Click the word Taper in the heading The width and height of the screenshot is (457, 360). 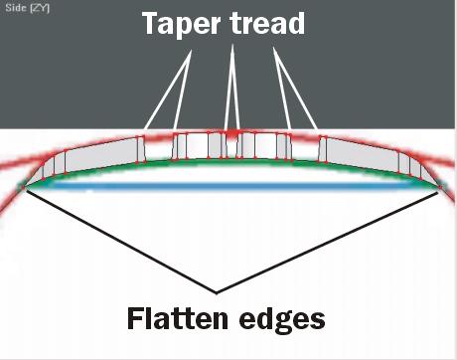coord(181,24)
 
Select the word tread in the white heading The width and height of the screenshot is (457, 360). coord(267,23)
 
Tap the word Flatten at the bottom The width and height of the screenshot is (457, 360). coord(178,318)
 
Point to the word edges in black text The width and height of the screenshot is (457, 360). coord(282,319)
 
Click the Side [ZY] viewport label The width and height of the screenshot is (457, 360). coord(27,8)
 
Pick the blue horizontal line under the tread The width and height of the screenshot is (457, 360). coord(231,187)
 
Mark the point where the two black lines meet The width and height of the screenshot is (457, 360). coord(217,293)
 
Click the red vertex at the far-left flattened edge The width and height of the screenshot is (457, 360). coord(24,188)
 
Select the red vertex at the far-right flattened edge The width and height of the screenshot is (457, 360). coord(440,188)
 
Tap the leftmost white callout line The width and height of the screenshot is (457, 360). coord(168,90)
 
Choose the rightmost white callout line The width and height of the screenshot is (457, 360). coord(295,89)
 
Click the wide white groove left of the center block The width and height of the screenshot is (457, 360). coord(158,148)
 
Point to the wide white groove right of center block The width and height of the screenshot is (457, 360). coord(305,148)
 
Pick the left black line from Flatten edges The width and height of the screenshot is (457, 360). coord(120,241)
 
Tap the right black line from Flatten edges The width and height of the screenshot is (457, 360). coord(328,242)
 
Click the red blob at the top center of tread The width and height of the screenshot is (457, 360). coord(231,133)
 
